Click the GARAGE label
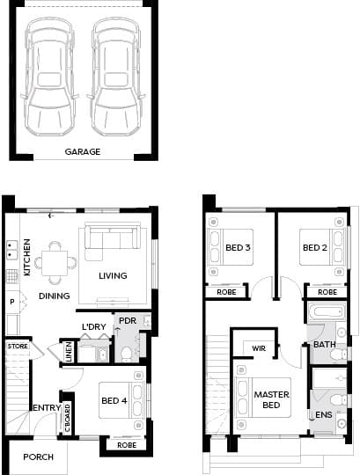tap(83, 152)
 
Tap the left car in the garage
tap(50, 77)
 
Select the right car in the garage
tap(116, 77)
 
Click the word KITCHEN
tap(27, 257)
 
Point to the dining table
tap(55, 263)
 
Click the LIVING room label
tap(113, 275)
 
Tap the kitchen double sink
tap(12, 250)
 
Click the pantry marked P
tap(12, 302)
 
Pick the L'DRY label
tap(94, 327)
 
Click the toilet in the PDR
tap(126, 354)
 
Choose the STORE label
tap(18, 346)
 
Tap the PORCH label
tap(38, 457)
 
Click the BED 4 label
tap(114, 400)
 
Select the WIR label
tap(259, 348)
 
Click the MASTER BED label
tap(271, 399)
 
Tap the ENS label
tap(324, 414)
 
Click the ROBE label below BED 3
tap(226, 292)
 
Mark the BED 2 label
tap(315, 248)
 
